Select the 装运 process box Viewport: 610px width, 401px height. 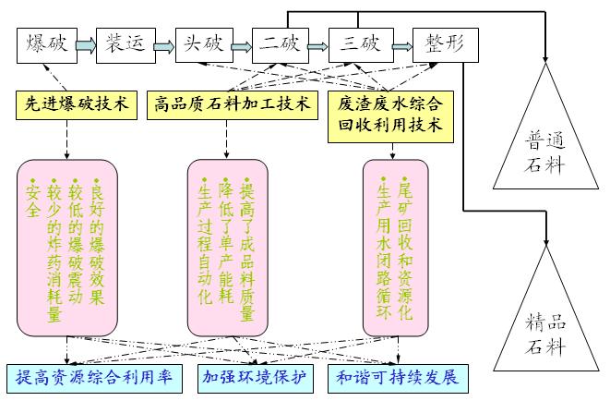[123, 44]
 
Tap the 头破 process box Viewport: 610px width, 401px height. [202, 44]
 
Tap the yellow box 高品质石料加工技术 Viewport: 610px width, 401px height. [232, 103]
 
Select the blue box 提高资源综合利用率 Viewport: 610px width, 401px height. [94, 377]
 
